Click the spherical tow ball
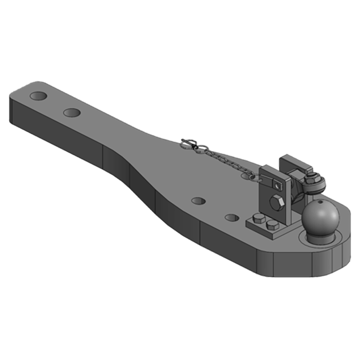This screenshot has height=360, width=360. pyautogui.click(x=320, y=217)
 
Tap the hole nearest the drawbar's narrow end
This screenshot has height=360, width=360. pyautogui.click(x=39, y=96)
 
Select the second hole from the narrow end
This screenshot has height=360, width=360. pyautogui.click(x=72, y=112)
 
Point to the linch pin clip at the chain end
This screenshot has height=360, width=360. pyautogui.click(x=189, y=144)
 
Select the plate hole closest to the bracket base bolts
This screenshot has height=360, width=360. pyautogui.click(x=232, y=218)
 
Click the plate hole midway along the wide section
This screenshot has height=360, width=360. pyautogui.click(x=198, y=200)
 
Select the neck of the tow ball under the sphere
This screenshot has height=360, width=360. pyautogui.click(x=319, y=235)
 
